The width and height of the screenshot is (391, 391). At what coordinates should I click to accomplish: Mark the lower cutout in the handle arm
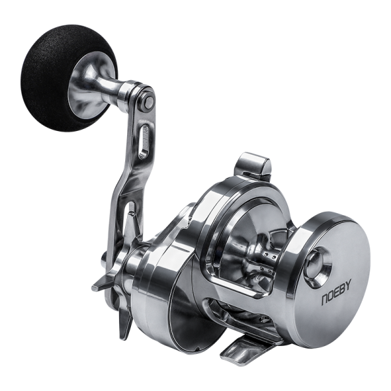coord(131,222)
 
